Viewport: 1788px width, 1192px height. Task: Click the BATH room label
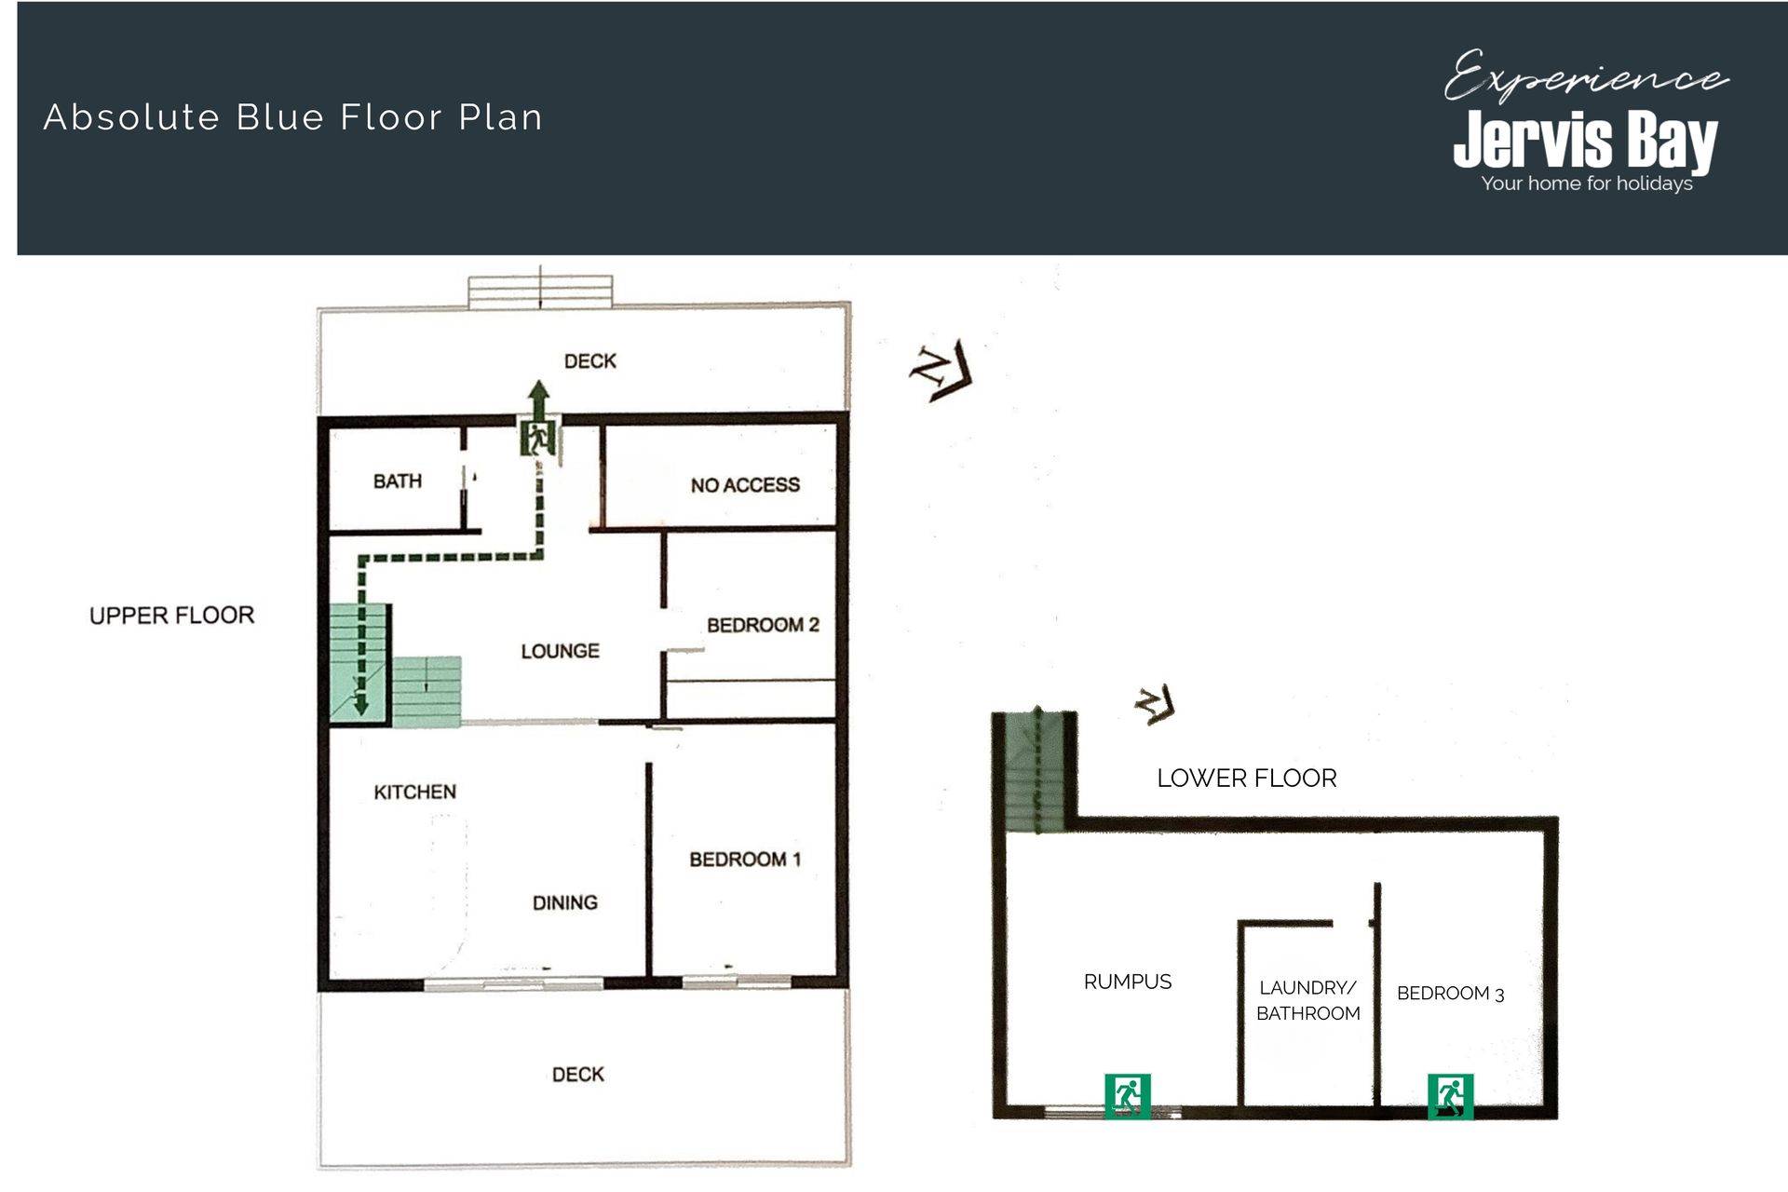[398, 481]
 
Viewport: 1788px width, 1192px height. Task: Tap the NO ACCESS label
[745, 485]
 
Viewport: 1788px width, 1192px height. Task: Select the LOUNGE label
[560, 651]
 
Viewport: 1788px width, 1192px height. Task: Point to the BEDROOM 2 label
[763, 625]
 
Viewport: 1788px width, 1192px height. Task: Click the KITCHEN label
[415, 792]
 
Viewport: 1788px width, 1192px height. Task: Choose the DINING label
[565, 902]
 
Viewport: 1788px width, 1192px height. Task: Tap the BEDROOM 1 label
[745, 860]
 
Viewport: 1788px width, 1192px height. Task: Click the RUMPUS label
[1128, 982]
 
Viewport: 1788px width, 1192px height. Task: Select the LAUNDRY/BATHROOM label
[1308, 1000]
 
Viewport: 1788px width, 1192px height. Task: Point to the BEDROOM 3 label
[1451, 994]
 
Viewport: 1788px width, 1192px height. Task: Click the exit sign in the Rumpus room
[1128, 1095]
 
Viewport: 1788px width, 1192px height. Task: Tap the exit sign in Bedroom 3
[1451, 1096]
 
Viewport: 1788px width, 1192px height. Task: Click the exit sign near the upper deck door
[538, 437]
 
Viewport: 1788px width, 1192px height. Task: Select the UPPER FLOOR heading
[172, 616]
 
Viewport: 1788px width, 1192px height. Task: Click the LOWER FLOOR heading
[1247, 779]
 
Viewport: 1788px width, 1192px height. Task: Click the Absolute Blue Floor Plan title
[293, 117]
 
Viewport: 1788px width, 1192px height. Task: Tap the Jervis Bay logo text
[1586, 140]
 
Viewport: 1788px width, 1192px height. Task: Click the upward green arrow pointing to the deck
[538, 398]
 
